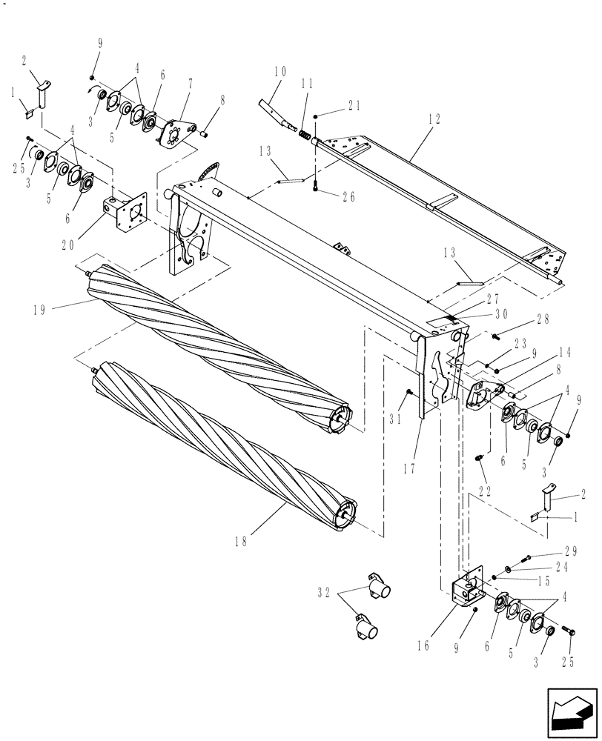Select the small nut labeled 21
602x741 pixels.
click(x=317, y=117)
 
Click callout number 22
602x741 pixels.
click(x=486, y=491)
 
